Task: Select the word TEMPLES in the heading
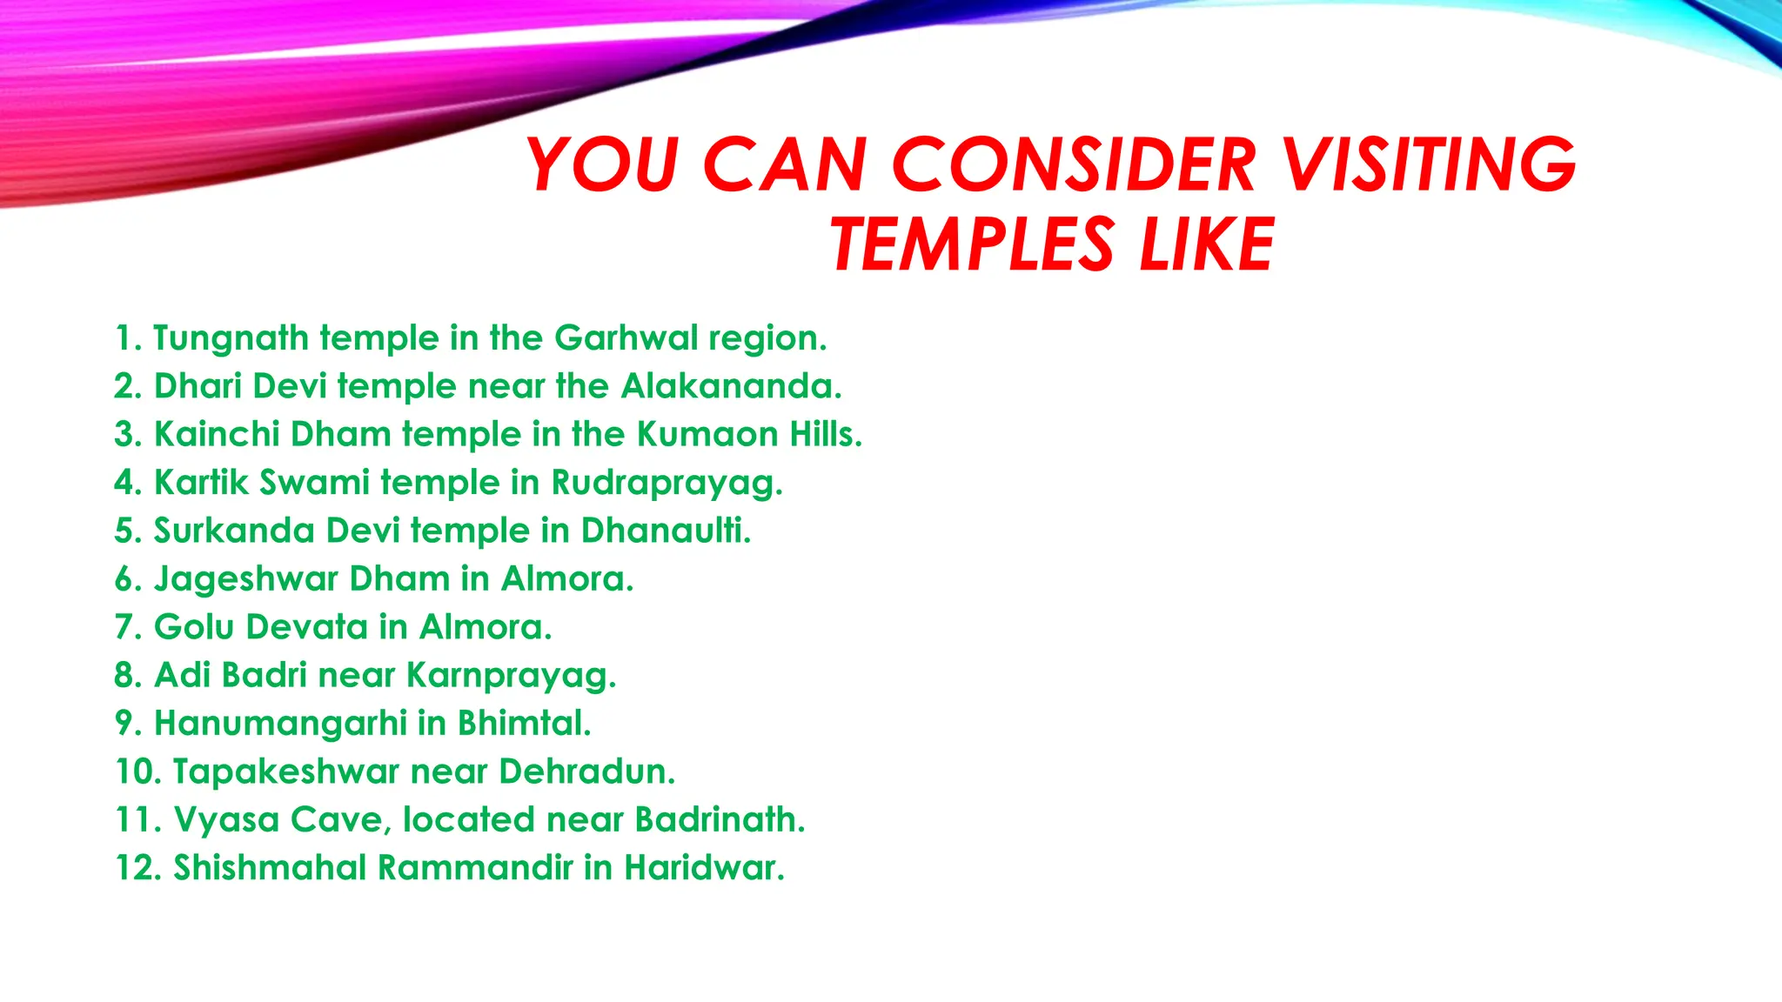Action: (x=971, y=244)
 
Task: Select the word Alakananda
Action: (x=729, y=386)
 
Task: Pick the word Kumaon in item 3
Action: (x=707, y=434)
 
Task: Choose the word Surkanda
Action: (x=234, y=531)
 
